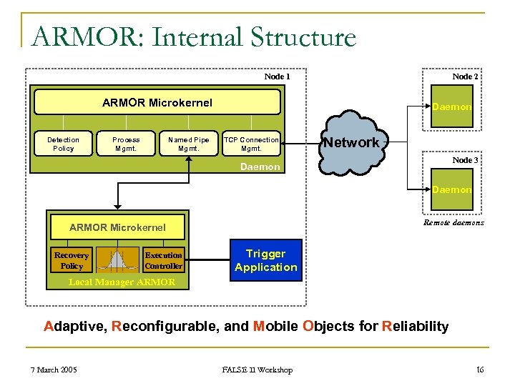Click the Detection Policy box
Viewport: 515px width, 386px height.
(x=64, y=144)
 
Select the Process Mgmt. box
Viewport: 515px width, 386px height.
(x=126, y=144)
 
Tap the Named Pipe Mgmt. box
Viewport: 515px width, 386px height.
(x=189, y=144)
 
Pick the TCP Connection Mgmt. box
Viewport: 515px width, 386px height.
(x=251, y=144)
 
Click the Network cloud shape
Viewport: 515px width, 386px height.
(x=350, y=147)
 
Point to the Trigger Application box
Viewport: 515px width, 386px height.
(x=265, y=260)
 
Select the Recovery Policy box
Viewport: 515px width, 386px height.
(x=72, y=260)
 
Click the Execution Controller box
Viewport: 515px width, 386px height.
(x=163, y=260)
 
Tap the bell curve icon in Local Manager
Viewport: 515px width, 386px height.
(x=118, y=260)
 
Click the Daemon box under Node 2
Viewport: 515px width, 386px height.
(x=451, y=107)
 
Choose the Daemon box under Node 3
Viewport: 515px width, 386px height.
(x=451, y=189)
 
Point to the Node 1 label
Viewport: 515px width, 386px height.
(x=277, y=76)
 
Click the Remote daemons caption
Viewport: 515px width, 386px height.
(x=453, y=222)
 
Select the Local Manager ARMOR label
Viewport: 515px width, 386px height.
(x=122, y=282)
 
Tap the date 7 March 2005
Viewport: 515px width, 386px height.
(x=54, y=370)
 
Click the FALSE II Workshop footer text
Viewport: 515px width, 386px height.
(x=257, y=370)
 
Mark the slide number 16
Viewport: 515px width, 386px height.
(x=479, y=370)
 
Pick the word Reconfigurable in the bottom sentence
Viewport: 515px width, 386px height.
(x=167, y=327)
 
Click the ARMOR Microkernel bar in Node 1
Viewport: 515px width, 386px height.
(x=157, y=102)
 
